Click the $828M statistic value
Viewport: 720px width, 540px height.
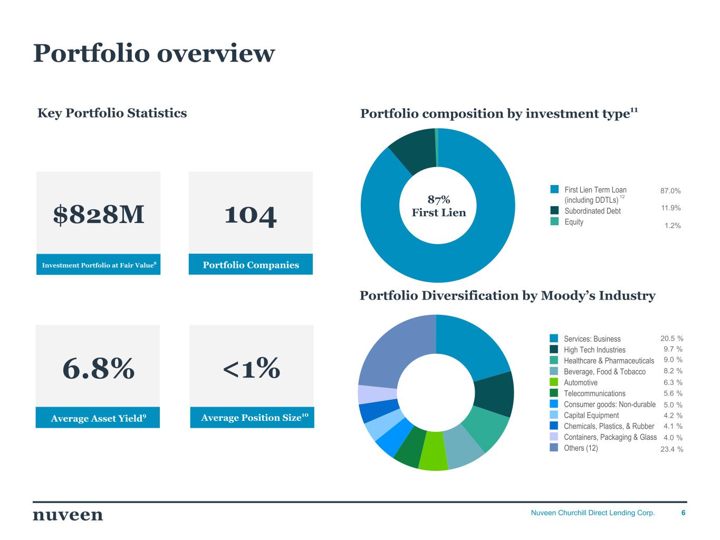tap(99, 215)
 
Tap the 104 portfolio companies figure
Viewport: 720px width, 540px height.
tap(251, 215)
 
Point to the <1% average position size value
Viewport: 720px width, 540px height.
tap(252, 368)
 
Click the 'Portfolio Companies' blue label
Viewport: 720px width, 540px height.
tap(251, 265)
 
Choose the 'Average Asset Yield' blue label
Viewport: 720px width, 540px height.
tap(98, 418)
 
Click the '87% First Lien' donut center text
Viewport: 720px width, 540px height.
tap(438, 206)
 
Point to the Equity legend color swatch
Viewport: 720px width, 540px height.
tap(554, 222)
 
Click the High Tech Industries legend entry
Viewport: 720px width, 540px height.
tap(594, 350)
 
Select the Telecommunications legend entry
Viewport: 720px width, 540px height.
tap(594, 393)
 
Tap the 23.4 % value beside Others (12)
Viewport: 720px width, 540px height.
tap(671, 449)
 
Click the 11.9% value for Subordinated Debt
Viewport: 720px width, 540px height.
tap(670, 208)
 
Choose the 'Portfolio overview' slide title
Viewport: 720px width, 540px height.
tap(154, 53)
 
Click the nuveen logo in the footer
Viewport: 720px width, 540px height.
tap(68, 515)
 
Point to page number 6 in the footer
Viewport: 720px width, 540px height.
tap(684, 513)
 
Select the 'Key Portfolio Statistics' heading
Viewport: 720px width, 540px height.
tap(112, 113)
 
